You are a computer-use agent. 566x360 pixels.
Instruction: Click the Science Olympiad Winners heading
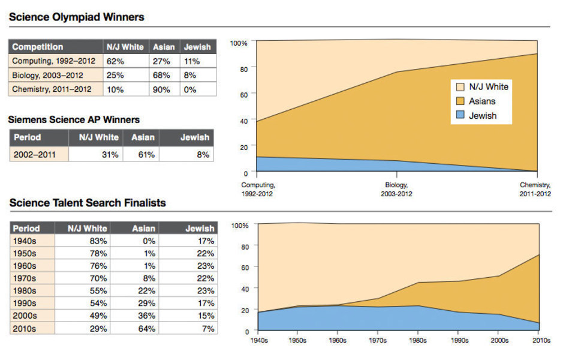point(77,17)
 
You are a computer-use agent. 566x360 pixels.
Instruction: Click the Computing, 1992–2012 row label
point(54,61)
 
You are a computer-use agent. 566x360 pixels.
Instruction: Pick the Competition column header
point(38,47)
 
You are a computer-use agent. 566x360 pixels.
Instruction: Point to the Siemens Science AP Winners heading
point(74,119)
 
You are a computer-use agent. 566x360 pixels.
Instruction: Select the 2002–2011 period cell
point(35,155)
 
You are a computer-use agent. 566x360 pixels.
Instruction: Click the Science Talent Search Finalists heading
point(88,203)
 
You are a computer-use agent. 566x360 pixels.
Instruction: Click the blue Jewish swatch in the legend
point(461,115)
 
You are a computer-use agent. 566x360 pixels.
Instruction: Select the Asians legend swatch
point(461,101)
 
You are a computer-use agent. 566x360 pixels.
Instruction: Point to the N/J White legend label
point(488,86)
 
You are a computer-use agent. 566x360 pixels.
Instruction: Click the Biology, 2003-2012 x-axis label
point(396,190)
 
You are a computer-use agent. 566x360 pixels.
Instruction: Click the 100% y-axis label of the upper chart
point(239,43)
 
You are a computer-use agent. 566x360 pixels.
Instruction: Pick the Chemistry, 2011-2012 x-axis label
point(535,190)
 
